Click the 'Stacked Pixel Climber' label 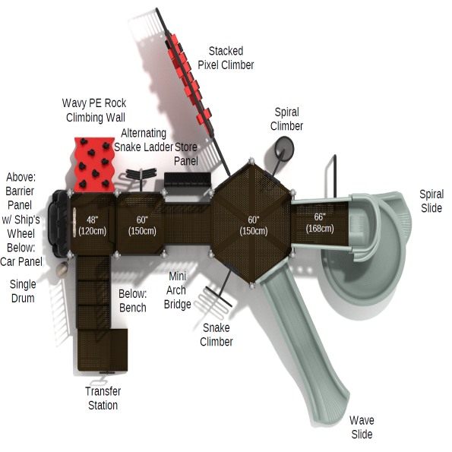tap(226, 58)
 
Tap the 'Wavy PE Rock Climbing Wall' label tap(94, 110)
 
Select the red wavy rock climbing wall tap(94, 165)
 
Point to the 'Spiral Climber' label tap(286, 119)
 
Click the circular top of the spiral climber tap(284, 147)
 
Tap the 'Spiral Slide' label tap(431, 201)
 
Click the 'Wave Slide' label tap(362, 427)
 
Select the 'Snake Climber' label tap(217, 335)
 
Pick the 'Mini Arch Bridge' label tap(177, 290)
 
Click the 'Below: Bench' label tap(133, 301)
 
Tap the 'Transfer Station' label tap(103, 398)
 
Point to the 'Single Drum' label tap(23, 291)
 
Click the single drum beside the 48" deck tap(62, 270)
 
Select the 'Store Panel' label tap(186, 154)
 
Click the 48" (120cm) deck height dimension tap(92, 226)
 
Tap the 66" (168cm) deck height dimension tap(320, 223)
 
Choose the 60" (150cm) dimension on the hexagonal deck tap(254, 225)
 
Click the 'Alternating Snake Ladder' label tap(144, 140)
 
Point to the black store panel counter tap(188, 180)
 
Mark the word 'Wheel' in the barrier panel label tap(21, 233)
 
